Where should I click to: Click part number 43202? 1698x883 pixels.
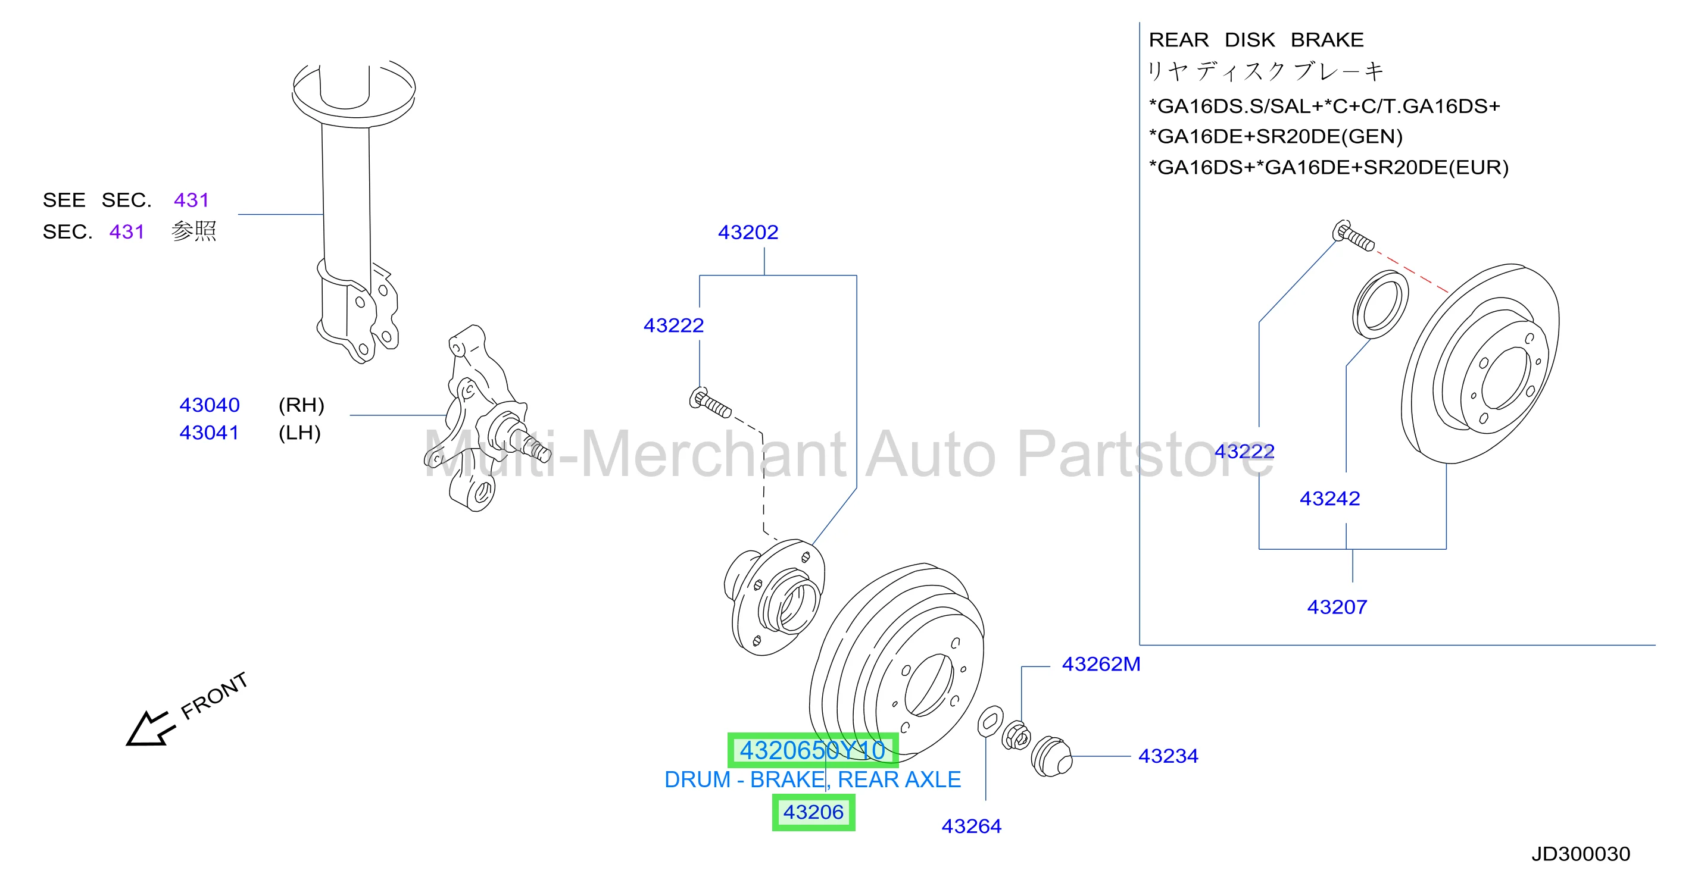(748, 232)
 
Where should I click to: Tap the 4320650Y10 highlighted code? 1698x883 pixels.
(813, 750)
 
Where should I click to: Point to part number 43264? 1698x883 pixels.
(971, 826)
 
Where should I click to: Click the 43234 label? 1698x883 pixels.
(1168, 756)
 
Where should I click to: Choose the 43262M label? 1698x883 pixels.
(1101, 663)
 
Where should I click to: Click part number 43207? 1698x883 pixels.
(1337, 607)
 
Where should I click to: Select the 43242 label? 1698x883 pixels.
(1329, 498)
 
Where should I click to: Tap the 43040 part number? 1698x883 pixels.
(210, 405)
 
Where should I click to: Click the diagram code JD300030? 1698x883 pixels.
(1581, 854)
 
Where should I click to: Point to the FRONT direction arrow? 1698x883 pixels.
(150, 729)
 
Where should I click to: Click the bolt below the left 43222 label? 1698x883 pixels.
(710, 403)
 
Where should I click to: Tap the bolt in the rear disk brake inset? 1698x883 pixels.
(1353, 236)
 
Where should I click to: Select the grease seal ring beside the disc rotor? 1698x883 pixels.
(1380, 305)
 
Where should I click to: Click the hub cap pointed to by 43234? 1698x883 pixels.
(1051, 757)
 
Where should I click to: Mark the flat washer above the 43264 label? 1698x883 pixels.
(990, 722)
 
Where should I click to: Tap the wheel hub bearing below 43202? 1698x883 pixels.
(775, 597)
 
